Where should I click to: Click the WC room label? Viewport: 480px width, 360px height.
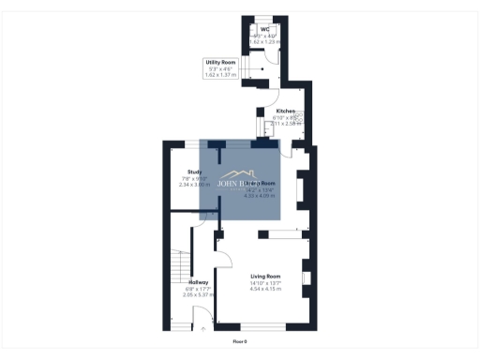pos(265,29)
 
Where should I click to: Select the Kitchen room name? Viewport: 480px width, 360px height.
pos(285,111)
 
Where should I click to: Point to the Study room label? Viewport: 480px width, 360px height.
pos(194,172)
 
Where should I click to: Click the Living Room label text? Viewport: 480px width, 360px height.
pos(265,277)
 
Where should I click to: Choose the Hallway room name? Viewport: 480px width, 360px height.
pos(198,282)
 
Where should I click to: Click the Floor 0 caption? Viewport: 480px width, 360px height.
pos(240,341)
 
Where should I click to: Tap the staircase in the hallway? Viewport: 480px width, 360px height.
pos(177,271)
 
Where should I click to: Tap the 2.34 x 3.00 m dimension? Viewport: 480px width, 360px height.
pos(194,185)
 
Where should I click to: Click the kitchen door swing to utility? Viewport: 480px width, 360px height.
pos(270,94)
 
